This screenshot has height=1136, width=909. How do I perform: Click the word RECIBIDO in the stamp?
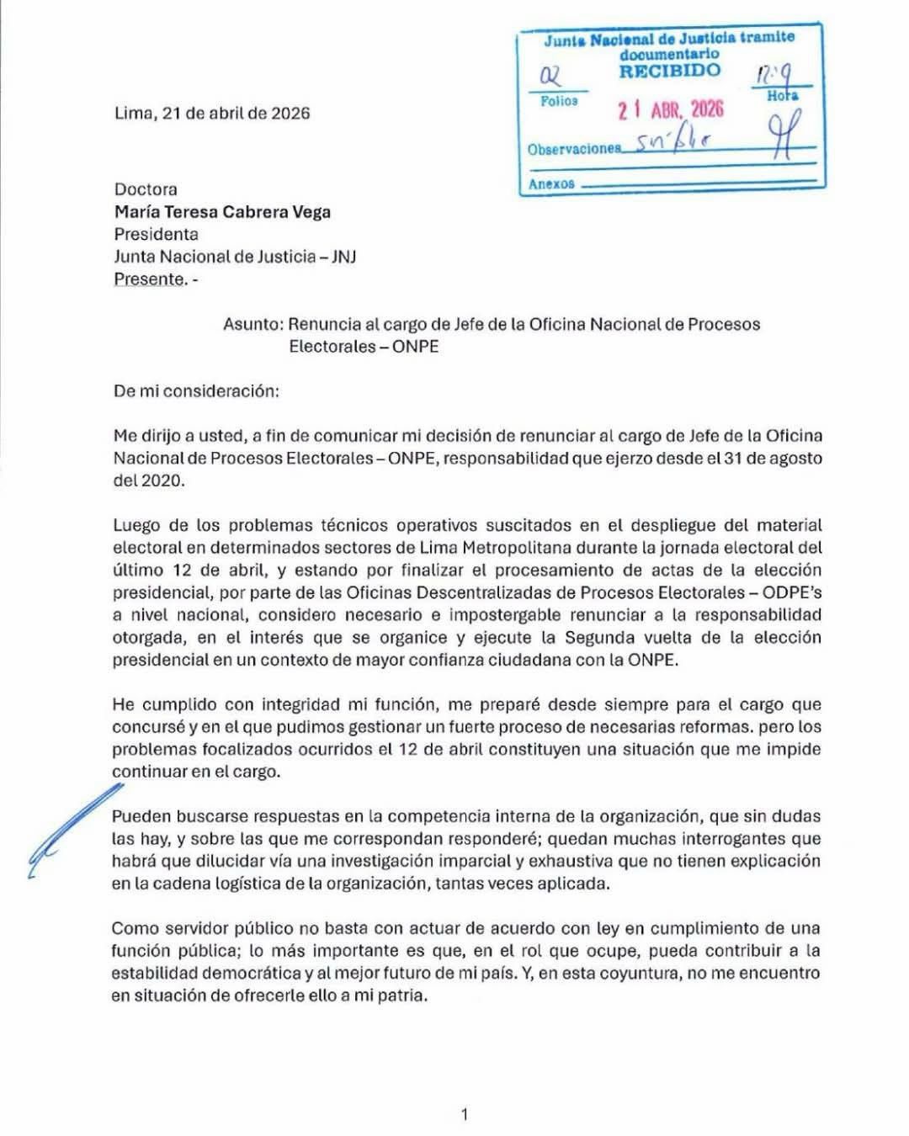coord(669,72)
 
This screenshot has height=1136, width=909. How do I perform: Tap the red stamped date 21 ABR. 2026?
coord(671,110)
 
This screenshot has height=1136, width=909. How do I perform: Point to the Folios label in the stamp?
coord(559,101)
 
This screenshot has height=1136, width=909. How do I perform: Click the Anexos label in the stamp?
coord(551,183)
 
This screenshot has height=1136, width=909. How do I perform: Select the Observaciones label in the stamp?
coord(573,149)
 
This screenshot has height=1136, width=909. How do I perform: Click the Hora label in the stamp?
coord(782,96)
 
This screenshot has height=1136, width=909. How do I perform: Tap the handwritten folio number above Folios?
coord(551,77)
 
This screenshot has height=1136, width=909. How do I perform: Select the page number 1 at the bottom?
coord(465,1115)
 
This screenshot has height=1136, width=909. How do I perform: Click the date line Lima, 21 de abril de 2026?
coord(212,113)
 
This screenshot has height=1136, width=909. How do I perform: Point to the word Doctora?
coord(146,189)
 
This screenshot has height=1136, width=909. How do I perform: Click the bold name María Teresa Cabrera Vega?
coord(222,212)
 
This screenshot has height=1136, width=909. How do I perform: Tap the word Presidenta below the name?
coord(157,234)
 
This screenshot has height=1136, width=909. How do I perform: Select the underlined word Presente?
coord(149,279)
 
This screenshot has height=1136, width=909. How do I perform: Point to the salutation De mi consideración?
coord(196,391)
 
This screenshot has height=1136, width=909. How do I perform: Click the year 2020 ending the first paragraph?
coord(162,480)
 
